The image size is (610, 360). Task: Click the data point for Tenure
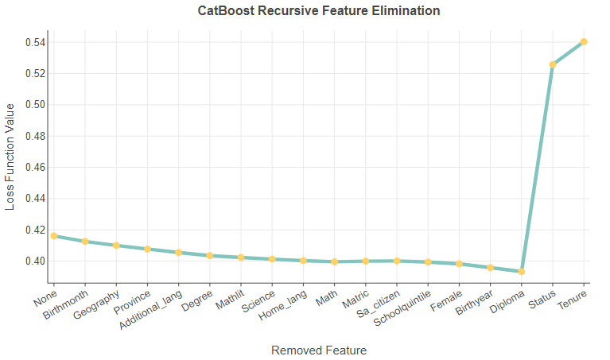pos(584,41)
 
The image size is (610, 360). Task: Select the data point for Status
pos(553,64)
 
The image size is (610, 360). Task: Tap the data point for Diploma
pos(522,272)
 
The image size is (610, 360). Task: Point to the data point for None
pos(54,236)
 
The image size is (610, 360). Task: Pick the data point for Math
pos(335,261)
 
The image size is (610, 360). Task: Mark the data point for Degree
pos(210,256)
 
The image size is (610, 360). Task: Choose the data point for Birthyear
pos(491,268)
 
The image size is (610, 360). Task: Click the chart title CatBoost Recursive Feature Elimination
pos(319,11)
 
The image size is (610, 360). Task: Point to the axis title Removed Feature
pos(319,350)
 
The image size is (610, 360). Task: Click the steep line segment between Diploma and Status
pos(538,168)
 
